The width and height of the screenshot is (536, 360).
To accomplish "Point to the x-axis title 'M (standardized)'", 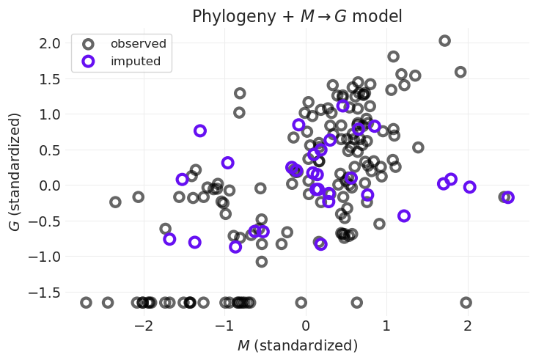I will (x=297, y=345).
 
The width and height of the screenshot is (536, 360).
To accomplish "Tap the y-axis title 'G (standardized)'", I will (x=15, y=172).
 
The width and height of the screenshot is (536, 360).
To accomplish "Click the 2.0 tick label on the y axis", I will (x=48, y=43).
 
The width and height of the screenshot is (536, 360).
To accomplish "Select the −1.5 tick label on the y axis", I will (x=45, y=293).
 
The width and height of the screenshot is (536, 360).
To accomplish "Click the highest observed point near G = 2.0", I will (x=444, y=41).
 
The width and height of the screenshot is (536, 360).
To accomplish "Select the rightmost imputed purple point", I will (x=507, y=197).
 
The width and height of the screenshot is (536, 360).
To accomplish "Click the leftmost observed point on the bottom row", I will (x=86, y=302).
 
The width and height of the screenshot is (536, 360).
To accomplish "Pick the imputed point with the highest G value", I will (x=342, y=106).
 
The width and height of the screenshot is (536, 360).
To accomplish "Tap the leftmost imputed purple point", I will (x=169, y=239).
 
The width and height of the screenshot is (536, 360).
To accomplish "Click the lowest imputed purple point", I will (x=235, y=247).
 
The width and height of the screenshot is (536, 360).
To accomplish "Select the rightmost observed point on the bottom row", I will (x=466, y=302).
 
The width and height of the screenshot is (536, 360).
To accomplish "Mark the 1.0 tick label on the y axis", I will (x=48, y=114).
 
